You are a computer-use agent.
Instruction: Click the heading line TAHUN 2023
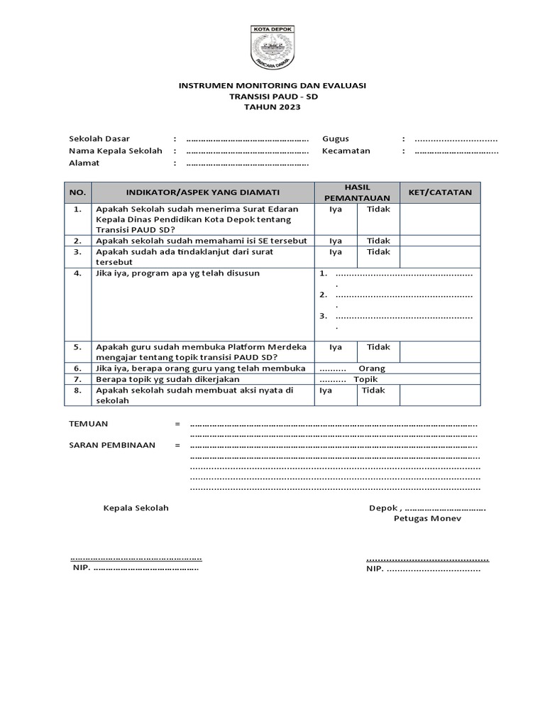pyautogui.click(x=272, y=107)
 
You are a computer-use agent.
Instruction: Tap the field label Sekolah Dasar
pyautogui.click(x=99, y=139)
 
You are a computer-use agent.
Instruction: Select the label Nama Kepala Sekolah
pyautogui.click(x=116, y=151)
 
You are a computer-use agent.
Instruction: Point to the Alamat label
pyautogui.click(x=84, y=163)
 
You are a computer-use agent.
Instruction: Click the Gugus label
pyautogui.click(x=336, y=139)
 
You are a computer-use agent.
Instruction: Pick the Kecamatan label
pyautogui.click(x=346, y=151)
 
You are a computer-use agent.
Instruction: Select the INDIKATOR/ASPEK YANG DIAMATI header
pyautogui.click(x=203, y=192)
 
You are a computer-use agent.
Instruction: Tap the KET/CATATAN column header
pyautogui.click(x=440, y=192)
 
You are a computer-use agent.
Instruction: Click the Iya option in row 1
pyautogui.click(x=336, y=209)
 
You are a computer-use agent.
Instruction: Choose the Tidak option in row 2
pyautogui.click(x=378, y=241)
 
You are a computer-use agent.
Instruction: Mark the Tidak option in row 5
pyautogui.click(x=378, y=347)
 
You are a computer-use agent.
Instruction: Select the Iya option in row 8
pyautogui.click(x=326, y=390)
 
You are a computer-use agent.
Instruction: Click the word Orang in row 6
pyautogui.click(x=372, y=368)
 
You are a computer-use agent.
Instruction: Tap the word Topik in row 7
pyautogui.click(x=366, y=379)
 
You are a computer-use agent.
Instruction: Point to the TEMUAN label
pyautogui.click(x=88, y=424)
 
